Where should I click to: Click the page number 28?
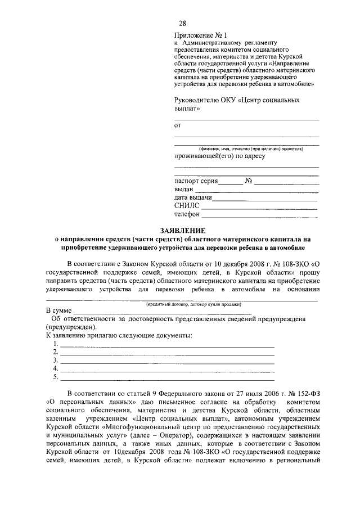point(183,23)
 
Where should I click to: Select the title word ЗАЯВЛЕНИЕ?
point(183,230)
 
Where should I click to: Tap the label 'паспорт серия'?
point(195,181)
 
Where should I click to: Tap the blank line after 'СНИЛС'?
point(259,209)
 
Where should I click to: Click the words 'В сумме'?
point(58,310)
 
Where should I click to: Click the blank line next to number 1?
point(167,346)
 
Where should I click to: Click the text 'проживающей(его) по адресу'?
point(219,156)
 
